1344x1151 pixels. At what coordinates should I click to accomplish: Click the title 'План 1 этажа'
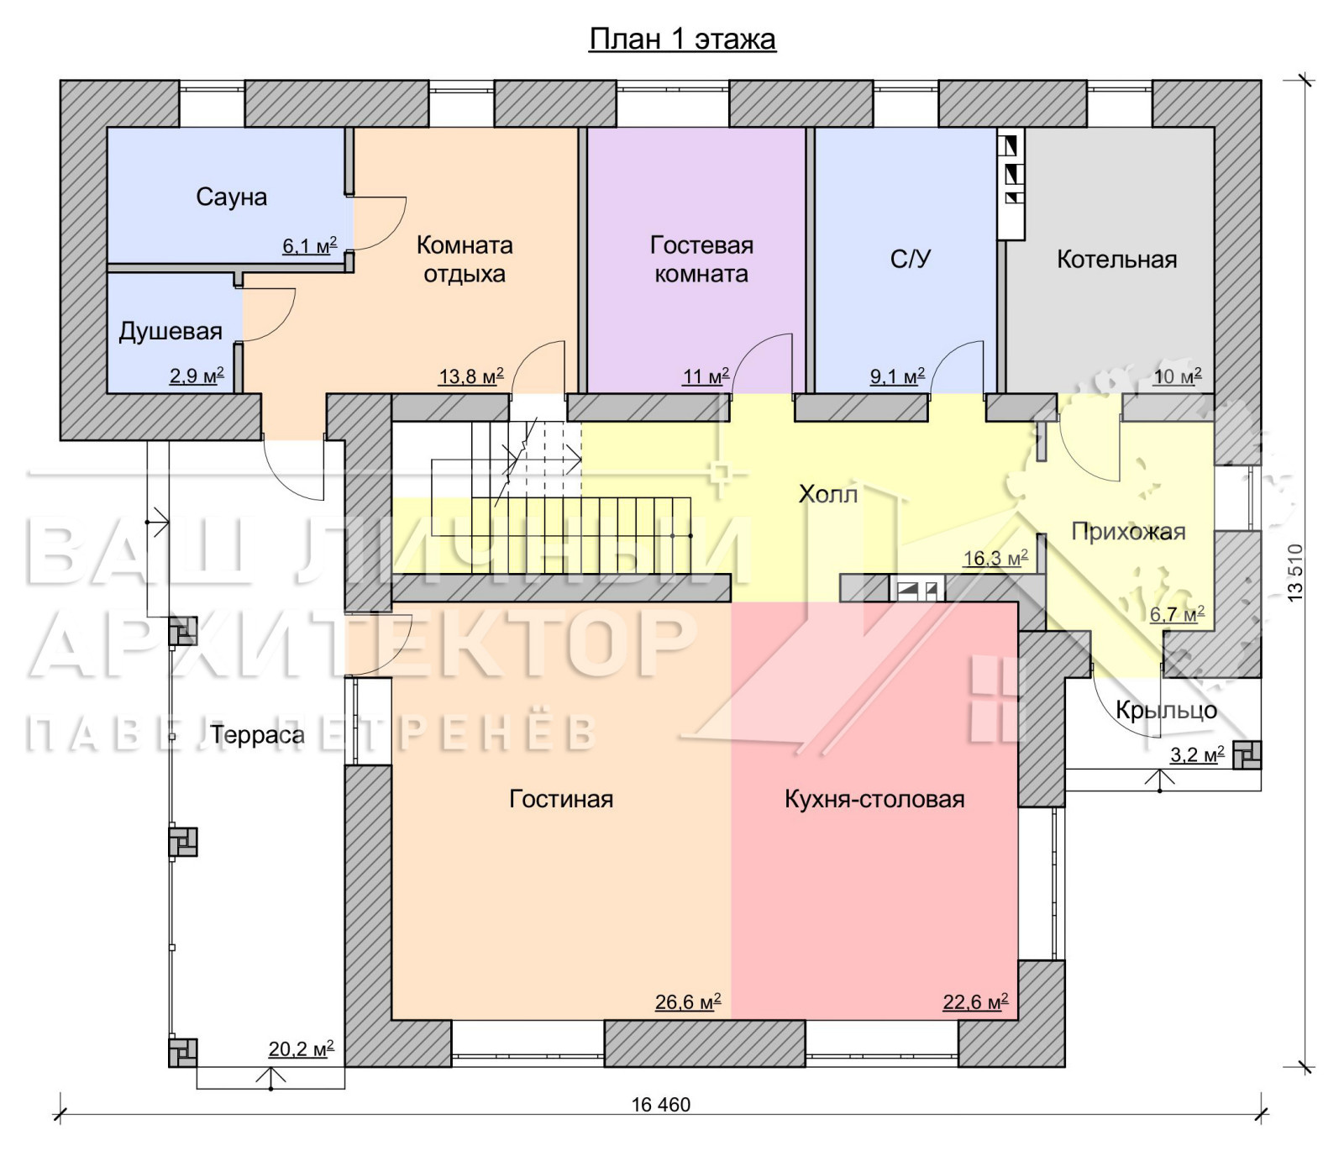pyautogui.click(x=682, y=39)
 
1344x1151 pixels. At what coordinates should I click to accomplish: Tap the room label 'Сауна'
pyautogui.click(x=232, y=197)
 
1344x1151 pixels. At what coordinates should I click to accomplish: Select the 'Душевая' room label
pyautogui.click(x=171, y=331)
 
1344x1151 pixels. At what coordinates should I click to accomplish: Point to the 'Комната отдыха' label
pyautogui.click(x=465, y=259)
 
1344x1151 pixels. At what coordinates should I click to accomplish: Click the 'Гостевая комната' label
pyautogui.click(x=701, y=259)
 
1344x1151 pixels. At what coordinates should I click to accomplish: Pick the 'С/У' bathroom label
pyautogui.click(x=911, y=259)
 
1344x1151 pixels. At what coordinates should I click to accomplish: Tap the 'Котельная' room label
pyautogui.click(x=1116, y=259)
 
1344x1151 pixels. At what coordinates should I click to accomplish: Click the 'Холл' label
pyautogui.click(x=828, y=494)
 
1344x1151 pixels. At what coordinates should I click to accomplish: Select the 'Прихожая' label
pyautogui.click(x=1128, y=531)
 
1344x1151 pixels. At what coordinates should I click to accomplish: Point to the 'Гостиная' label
pyautogui.click(x=561, y=798)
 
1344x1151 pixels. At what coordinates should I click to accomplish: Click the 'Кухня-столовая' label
pyautogui.click(x=874, y=798)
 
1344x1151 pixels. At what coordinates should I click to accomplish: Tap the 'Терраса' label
pyautogui.click(x=257, y=734)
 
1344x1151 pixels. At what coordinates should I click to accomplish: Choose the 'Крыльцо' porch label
pyautogui.click(x=1166, y=710)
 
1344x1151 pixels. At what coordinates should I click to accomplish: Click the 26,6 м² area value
pyautogui.click(x=688, y=1001)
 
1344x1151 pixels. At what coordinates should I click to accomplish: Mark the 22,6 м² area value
pyautogui.click(x=975, y=1001)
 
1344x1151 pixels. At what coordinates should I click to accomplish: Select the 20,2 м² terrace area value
pyautogui.click(x=301, y=1049)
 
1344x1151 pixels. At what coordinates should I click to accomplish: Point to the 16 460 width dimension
pyautogui.click(x=661, y=1105)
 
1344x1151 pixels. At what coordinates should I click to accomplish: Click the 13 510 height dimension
pyautogui.click(x=1295, y=571)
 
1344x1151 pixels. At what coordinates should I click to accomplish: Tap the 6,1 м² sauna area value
pyautogui.click(x=309, y=245)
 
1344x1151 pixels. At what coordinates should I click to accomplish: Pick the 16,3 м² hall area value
pyautogui.click(x=995, y=558)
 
